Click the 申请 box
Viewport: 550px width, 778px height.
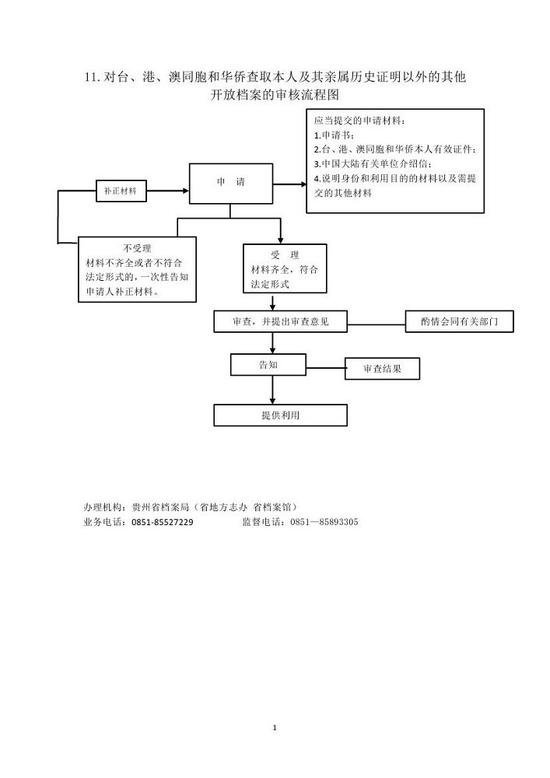231,184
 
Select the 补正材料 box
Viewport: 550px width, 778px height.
121,191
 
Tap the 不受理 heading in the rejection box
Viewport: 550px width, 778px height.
137,248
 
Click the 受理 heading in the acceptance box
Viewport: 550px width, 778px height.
285,255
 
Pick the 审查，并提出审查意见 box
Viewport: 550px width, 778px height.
280,321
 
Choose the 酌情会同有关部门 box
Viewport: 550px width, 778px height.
459,321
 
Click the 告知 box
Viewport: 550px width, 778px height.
268,365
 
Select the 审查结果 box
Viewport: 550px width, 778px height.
383,369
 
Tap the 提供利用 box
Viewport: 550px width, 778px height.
280,415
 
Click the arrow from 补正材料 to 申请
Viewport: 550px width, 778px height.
167,191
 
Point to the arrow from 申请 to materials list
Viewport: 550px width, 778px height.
289,184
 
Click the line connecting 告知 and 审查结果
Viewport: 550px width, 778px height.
325,368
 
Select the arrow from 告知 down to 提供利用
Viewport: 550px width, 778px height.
272,390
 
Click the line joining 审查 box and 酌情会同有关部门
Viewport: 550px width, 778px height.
377,325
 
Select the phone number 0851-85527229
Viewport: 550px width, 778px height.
162,522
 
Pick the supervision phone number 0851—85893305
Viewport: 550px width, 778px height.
324,522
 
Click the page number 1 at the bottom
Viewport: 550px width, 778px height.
275,728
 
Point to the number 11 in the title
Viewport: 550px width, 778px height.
91,77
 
